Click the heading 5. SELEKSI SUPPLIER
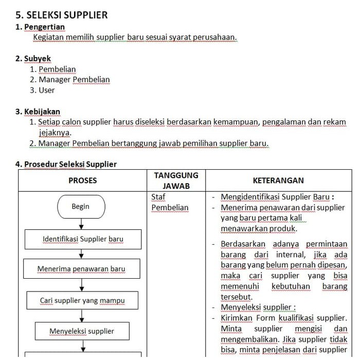pos(62,15)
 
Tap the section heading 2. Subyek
pos(33,59)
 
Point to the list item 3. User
pos(42,90)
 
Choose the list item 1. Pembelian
pos(53,69)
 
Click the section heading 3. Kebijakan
pos(38,111)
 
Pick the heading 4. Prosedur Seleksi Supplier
pos(66,164)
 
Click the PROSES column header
pos(83,181)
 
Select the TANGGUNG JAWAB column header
pos(176,180)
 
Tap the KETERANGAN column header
pos(278,181)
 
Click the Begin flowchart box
pos(81,207)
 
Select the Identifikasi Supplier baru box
pos(83,239)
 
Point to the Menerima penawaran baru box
pos(81,269)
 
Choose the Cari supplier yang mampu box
pos(82,300)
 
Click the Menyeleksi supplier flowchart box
pos(82,331)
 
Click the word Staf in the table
pos(158,196)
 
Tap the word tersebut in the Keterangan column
pos(236,297)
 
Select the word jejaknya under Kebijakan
pos(50,133)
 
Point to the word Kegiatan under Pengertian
pos(48,38)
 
